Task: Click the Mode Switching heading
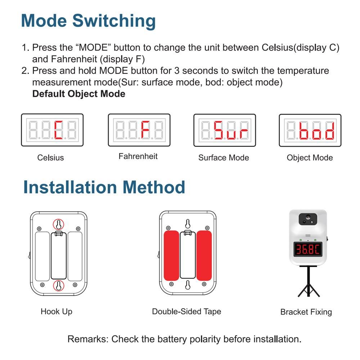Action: tap(88, 21)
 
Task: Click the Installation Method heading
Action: tap(104, 188)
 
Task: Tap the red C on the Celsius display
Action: tap(59, 130)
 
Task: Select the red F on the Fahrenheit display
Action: tap(145, 130)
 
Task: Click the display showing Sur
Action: tap(225, 130)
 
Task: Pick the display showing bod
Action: tap(310, 130)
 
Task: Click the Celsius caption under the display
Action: tap(50, 158)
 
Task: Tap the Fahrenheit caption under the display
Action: tap(138, 156)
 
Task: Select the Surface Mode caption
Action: tap(224, 158)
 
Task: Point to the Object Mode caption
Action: tap(310, 158)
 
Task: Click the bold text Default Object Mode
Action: tap(79, 94)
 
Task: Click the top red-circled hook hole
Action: tap(58, 224)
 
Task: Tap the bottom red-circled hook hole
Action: tap(58, 286)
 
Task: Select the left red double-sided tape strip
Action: tap(171, 256)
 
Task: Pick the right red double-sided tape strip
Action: tap(204, 256)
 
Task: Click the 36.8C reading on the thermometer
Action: tap(308, 249)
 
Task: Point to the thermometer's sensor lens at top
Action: tap(308, 218)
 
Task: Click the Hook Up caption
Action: tap(57, 311)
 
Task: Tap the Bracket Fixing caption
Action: tap(306, 312)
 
